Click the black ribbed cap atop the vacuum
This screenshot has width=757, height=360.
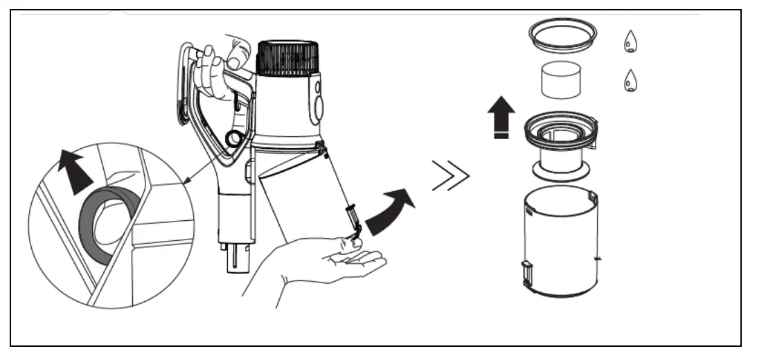pos(287,57)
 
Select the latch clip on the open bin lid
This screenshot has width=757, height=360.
pos(353,225)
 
